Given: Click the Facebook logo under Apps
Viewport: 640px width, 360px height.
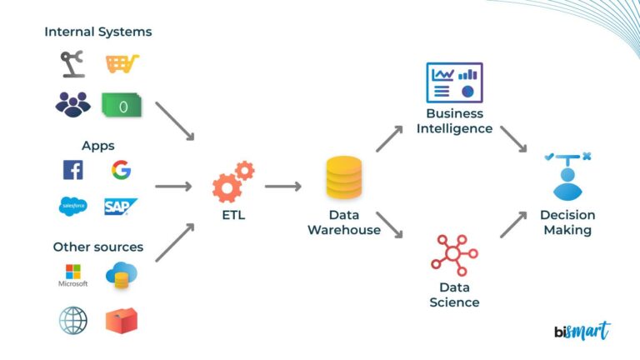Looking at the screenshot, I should pyautogui.click(x=73, y=170).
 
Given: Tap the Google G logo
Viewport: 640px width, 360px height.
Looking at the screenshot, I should pyautogui.click(x=121, y=170).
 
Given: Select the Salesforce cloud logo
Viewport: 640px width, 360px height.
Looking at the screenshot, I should pyautogui.click(x=73, y=207).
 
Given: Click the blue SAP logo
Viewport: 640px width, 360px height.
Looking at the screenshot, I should pyautogui.click(x=121, y=207).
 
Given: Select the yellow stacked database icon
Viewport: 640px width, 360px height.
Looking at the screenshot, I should pyautogui.click(x=343, y=180).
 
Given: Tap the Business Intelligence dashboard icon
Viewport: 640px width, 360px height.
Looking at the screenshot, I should pyautogui.click(x=454, y=82).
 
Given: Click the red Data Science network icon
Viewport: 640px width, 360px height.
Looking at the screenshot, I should pyautogui.click(x=454, y=255).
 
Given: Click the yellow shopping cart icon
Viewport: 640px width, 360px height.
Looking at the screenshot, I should pyautogui.click(x=122, y=64).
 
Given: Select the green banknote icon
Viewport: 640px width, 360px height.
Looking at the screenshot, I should pyautogui.click(x=121, y=105).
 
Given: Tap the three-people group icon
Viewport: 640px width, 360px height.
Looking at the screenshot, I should pyautogui.click(x=73, y=104).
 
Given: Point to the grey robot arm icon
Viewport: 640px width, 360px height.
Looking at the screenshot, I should pyautogui.click(x=73, y=64).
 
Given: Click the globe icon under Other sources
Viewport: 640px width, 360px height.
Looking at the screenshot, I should pyautogui.click(x=73, y=320).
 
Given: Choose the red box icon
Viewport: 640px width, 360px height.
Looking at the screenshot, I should pyautogui.click(x=122, y=320).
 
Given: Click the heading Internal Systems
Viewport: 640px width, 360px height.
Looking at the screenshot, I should pyautogui.click(x=98, y=32).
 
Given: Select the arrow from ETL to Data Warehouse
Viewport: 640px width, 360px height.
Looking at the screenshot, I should pyautogui.click(x=282, y=187).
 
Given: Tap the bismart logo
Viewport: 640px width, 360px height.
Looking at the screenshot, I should pyautogui.click(x=582, y=331).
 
